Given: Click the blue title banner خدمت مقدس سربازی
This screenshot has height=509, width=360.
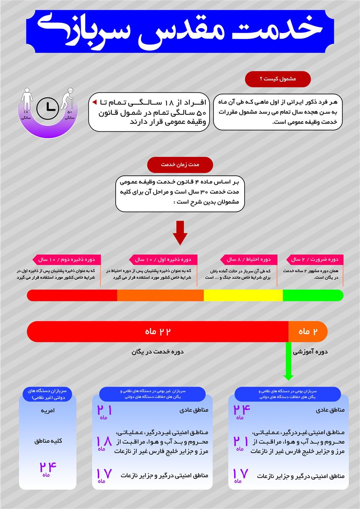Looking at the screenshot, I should click(x=180, y=31).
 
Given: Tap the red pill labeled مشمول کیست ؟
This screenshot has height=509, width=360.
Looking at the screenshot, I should click(x=278, y=79).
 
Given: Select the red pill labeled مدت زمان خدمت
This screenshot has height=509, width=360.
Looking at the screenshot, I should click(x=180, y=164).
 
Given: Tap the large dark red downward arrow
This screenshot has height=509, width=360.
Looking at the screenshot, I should click(x=180, y=233).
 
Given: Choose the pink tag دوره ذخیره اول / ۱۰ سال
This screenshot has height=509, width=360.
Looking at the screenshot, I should click(x=163, y=259).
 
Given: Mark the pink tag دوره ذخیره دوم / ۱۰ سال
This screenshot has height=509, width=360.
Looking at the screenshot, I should click(x=66, y=259).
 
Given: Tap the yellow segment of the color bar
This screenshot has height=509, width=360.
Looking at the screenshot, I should click(x=243, y=295).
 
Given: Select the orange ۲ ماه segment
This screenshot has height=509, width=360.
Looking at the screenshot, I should click(x=308, y=331).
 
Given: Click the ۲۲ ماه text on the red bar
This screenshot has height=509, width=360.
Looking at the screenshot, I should click(x=158, y=331).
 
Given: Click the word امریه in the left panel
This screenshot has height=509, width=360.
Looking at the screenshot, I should click(x=47, y=411).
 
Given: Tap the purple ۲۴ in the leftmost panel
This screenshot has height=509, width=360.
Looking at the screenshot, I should click(x=47, y=467).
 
